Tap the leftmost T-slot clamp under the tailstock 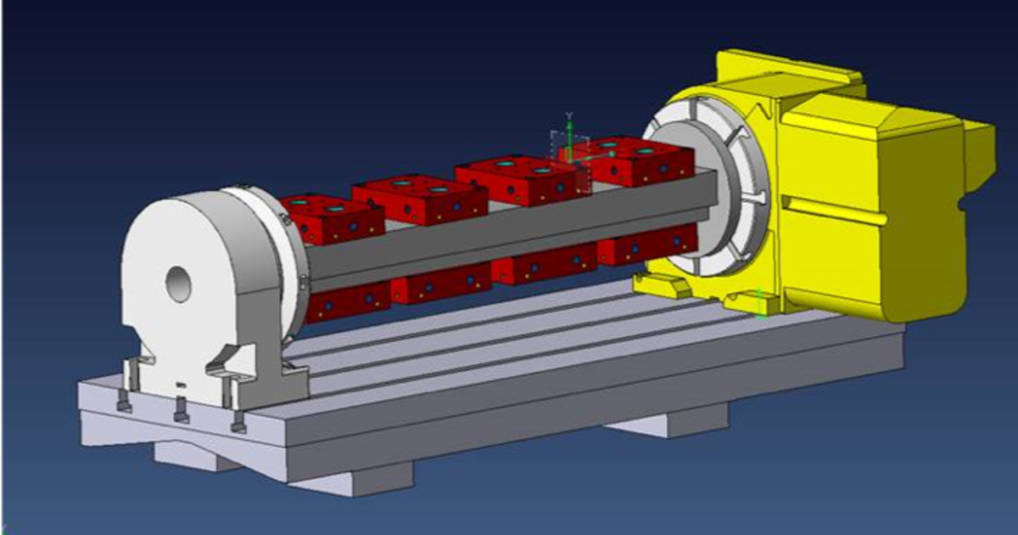[124, 402]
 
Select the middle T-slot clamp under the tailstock [180, 412]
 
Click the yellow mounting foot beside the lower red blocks [667, 285]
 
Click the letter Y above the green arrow [570, 114]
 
